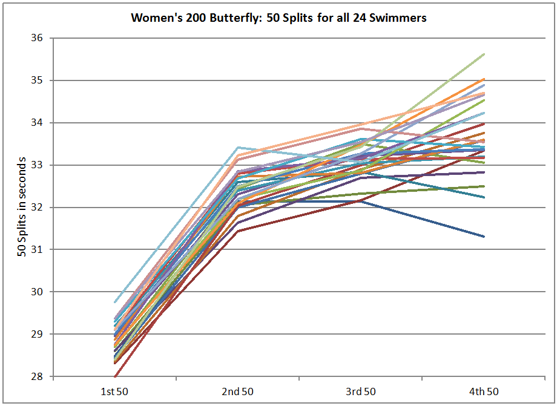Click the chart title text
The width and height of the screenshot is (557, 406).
[278, 18]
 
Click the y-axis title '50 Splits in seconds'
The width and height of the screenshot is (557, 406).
[22, 206]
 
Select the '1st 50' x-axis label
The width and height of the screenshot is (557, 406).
[114, 391]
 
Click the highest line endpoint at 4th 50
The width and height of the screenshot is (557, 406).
[484, 54]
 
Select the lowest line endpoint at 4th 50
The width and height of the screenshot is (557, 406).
[484, 237]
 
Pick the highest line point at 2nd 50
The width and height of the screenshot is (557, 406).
[238, 147]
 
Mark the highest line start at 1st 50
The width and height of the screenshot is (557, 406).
[114, 302]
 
